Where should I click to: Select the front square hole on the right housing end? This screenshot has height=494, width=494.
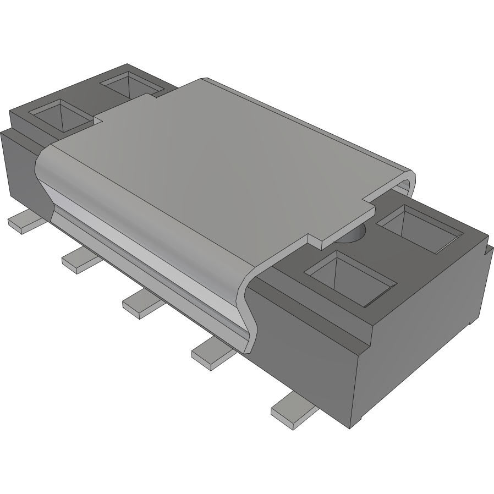click(351, 277)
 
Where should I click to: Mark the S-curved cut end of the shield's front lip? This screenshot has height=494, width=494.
click(248, 314)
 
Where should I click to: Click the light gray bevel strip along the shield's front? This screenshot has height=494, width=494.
click(149, 242)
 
